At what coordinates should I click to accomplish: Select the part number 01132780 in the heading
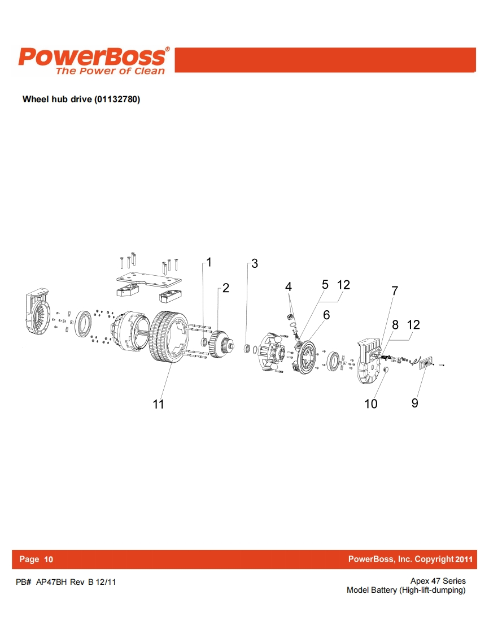pos(117,99)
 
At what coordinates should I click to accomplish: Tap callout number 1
pos(209,262)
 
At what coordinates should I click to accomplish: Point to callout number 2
pos(226,288)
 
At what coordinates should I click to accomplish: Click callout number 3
pos(255,264)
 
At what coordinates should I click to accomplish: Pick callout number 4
pos(288,286)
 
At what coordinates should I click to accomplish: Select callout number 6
pos(326,315)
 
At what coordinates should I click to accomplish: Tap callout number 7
pos(395,290)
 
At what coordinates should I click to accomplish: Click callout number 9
pos(414,403)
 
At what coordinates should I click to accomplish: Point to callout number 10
pos(371,403)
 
